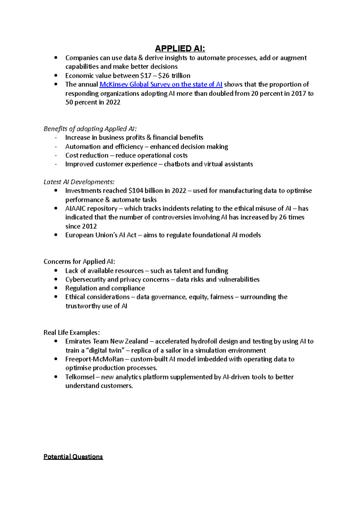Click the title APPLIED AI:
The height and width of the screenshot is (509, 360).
(180, 49)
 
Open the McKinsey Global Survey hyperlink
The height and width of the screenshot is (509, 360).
(161, 85)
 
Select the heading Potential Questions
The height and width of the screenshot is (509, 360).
(73, 457)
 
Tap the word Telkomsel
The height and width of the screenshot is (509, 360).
(80, 377)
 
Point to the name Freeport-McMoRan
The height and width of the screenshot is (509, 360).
(94, 359)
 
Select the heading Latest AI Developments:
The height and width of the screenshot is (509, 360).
(79, 182)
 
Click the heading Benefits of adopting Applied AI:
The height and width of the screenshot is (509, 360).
(90, 129)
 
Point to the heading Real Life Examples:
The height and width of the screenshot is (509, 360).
(71, 332)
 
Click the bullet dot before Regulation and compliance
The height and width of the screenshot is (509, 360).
(56, 288)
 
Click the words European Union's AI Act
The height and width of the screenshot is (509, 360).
(101, 235)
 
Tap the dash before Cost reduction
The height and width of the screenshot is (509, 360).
(56, 155)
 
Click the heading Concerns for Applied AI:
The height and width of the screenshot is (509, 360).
(79, 262)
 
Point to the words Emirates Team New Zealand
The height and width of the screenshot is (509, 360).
(106, 341)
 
